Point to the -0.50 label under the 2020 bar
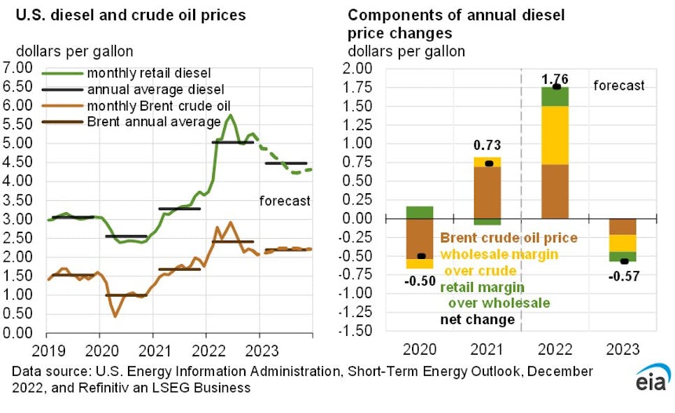(421, 281)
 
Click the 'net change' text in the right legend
(477, 320)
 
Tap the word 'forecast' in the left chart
(284, 201)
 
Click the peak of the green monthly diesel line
(230, 115)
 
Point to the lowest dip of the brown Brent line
(115, 316)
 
